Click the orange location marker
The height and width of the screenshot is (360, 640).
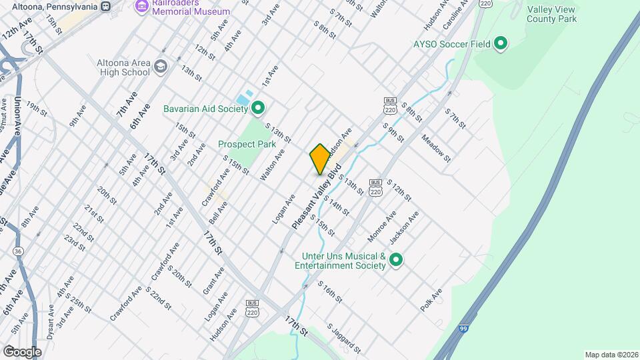coord(320,159)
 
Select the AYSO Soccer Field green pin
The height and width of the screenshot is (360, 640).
coord(499,45)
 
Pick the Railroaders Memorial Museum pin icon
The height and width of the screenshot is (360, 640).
coord(141,6)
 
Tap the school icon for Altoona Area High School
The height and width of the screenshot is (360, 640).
coord(160,67)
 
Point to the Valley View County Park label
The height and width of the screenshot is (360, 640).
coord(551,14)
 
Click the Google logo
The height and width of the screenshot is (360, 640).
coord(22,351)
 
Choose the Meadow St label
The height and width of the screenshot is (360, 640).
coord(436,148)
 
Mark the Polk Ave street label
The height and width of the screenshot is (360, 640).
coord(431,300)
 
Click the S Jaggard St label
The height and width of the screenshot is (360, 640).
coord(343,339)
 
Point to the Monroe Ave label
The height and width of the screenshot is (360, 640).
coord(381,227)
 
